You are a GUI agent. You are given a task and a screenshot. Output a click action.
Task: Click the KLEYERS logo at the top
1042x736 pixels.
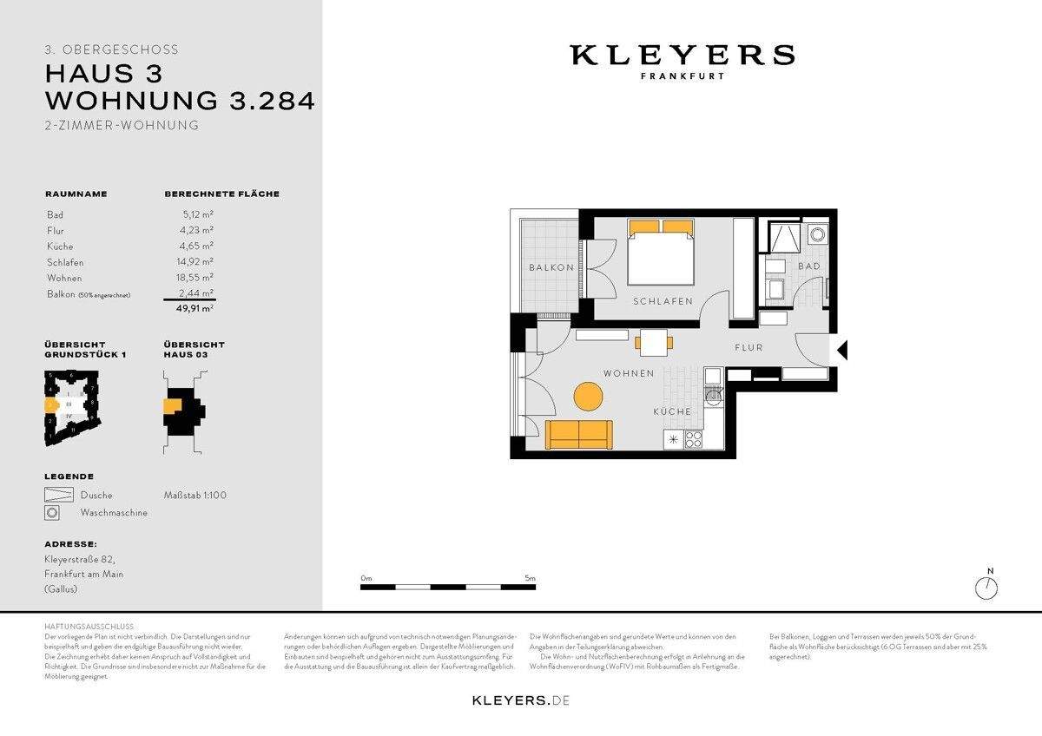click(x=682, y=56)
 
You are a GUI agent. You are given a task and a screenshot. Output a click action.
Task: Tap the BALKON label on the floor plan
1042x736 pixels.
click(x=551, y=267)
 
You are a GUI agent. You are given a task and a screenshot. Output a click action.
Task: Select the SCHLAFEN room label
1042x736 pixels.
click(x=663, y=301)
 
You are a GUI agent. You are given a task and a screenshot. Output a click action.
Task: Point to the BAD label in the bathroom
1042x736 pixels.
click(x=808, y=266)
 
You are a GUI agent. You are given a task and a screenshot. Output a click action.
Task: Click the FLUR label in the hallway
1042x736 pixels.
click(x=748, y=347)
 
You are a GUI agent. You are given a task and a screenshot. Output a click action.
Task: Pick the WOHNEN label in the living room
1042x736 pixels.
click(x=629, y=373)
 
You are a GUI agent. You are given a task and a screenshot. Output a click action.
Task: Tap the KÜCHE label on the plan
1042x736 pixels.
click(x=673, y=411)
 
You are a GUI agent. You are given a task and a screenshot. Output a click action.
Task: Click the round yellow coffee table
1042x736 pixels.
click(x=589, y=398)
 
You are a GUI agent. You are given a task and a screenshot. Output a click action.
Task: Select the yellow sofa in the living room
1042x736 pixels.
click(x=578, y=434)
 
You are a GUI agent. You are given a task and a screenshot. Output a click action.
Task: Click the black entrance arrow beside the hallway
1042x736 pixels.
click(x=841, y=350)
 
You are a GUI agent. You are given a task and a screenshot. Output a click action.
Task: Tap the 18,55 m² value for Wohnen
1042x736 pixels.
click(x=197, y=278)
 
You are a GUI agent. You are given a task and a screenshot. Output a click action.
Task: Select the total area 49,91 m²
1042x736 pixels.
click(x=196, y=307)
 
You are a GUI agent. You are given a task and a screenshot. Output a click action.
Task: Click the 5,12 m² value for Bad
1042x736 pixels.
click(x=198, y=214)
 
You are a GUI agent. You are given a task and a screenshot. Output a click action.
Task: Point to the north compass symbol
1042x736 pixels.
click(x=986, y=588)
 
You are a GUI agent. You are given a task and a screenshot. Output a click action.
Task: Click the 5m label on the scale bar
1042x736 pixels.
click(x=530, y=578)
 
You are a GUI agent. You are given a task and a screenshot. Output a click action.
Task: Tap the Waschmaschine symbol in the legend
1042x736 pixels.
click(x=52, y=513)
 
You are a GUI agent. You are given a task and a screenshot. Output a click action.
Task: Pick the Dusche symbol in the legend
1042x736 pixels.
click(x=56, y=495)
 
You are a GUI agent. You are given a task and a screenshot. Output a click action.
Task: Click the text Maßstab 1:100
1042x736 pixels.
click(x=195, y=496)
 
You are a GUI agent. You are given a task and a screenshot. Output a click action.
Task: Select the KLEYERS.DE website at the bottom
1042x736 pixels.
click(x=521, y=700)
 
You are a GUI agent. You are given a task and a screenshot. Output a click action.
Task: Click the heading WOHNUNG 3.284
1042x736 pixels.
click(x=180, y=101)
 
